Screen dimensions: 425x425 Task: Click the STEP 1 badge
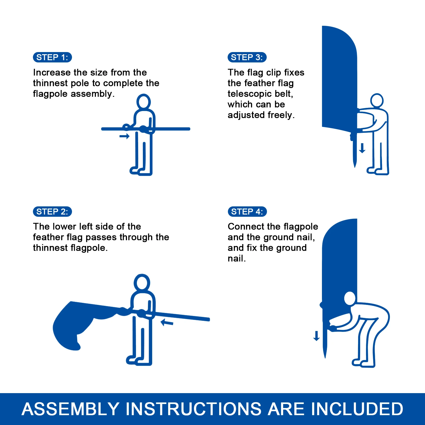[x=52, y=57]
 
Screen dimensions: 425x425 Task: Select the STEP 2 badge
[x=52, y=212]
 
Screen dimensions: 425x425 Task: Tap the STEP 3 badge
[x=247, y=57]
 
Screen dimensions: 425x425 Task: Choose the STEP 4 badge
[x=247, y=212]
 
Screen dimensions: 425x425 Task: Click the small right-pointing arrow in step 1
[x=124, y=136]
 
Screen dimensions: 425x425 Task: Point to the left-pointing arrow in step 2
[x=167, y=322]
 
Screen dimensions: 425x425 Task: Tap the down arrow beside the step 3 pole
[x=362, y=148]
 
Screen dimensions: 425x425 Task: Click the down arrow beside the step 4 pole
[x=316, y=336]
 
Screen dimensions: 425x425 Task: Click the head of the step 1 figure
[x=143, y=101]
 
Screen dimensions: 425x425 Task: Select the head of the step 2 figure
[x=142, y=282]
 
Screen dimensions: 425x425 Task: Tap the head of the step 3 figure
[x=377, y=100]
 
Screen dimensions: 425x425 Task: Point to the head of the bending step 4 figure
[x=350, y=298]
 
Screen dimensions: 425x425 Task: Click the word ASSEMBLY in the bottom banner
[x=71, y=409]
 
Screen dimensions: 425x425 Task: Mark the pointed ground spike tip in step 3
[x=355, y=167]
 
